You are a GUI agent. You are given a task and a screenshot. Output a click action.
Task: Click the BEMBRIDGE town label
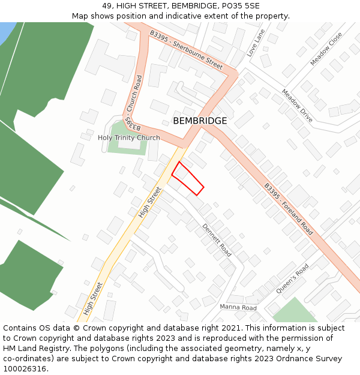pos(200,121)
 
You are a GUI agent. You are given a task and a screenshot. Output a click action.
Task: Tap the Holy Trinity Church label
pos(129,138)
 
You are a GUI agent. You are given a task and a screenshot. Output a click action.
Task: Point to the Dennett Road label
pos(217,240)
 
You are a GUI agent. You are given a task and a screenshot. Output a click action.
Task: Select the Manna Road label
pos(238,308)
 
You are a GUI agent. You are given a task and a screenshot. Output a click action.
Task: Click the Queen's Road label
pos(292,278)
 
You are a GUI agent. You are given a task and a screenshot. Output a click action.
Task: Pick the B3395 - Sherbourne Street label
pos(186,50)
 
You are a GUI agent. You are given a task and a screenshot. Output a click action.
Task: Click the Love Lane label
pos(256,43)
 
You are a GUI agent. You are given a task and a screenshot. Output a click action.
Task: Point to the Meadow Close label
pos(326,49)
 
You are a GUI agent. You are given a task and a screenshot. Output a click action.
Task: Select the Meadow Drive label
pos(297,106)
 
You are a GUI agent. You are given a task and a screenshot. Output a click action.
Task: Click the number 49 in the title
pos(106,5)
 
